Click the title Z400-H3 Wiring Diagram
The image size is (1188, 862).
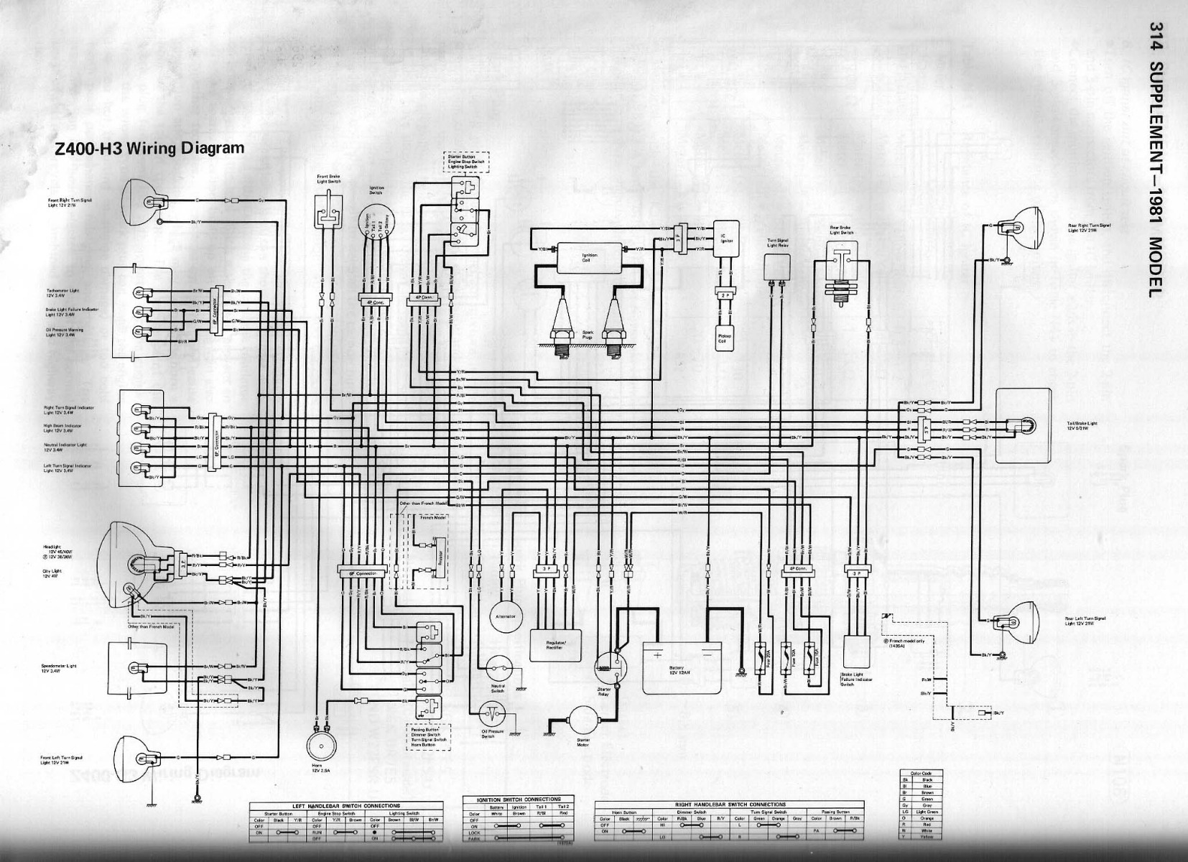tap(149, 149)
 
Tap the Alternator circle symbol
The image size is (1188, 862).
tap(501, 616)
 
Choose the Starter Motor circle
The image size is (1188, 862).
tap(582, 719)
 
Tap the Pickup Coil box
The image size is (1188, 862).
tap(721, 338)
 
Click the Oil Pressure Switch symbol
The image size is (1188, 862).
tap(491, 713)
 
